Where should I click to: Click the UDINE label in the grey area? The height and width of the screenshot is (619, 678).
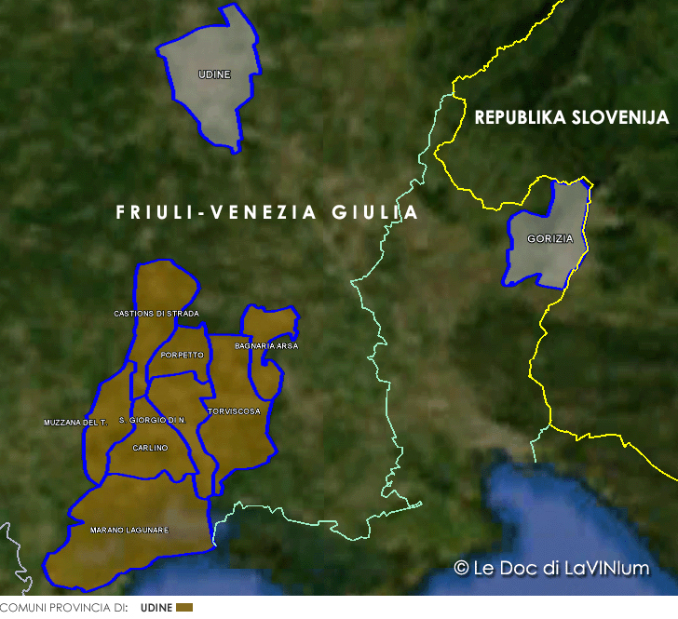pyautogui.click(x=214, y=74)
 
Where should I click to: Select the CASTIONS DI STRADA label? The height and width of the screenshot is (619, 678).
pyautogui.click(x=156, y=314)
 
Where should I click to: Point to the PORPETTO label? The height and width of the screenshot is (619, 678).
pyautogui.click(x=182, y=356)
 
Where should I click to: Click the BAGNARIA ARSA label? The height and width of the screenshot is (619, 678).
pyautogui.click(x=266, y=346)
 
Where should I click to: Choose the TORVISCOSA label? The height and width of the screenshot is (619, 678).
pyautogui.click(x=234, y=410)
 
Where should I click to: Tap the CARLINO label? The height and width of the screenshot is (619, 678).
pyautogui.click(x=150, y=448)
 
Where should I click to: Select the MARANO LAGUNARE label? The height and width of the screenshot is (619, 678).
pyautogui.click(x=129, y=530)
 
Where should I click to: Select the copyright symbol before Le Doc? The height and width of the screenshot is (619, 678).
pyautogui.click(x=460, y=567)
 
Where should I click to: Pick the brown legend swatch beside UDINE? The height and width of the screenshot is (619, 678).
pyautogui.click(x=184, y=608)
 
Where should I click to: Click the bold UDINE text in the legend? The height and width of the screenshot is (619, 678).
pyautogui.click(x=156, y=608)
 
